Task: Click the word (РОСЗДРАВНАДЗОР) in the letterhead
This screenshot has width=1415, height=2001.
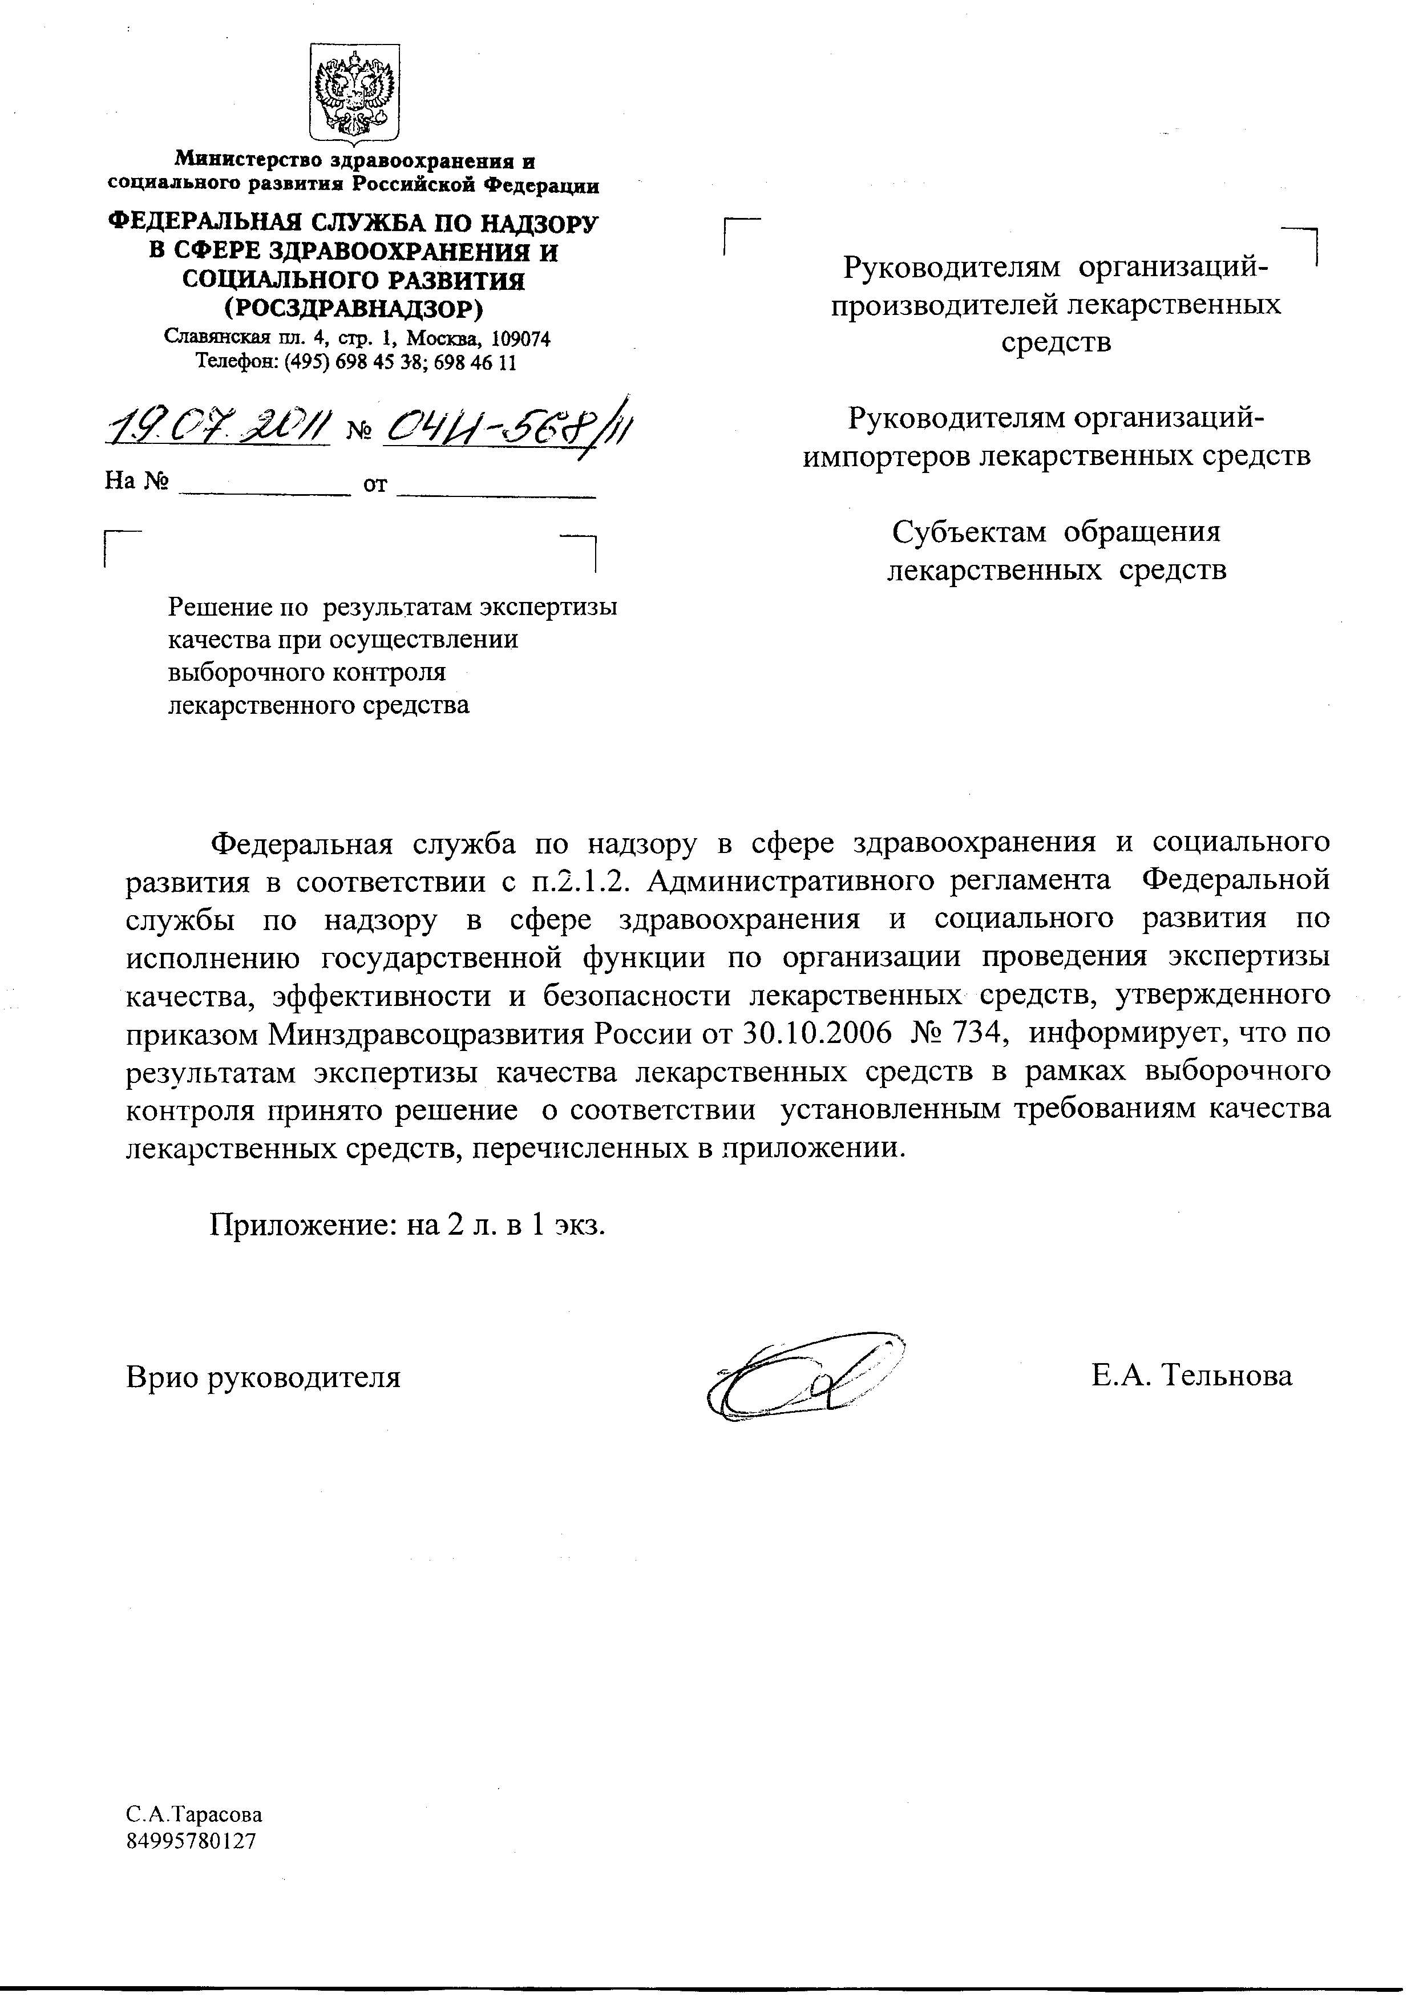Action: point(353,309)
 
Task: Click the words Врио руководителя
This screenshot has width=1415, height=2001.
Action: point(263,1377)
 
